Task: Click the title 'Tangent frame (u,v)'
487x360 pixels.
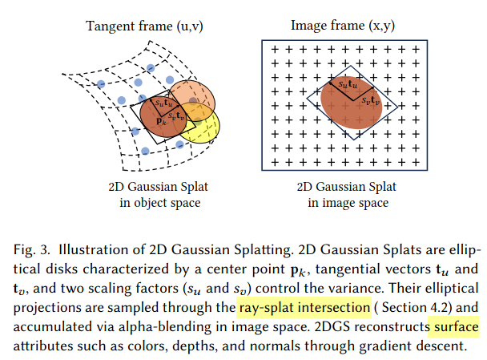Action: pyautogui.click(x=144, y=26)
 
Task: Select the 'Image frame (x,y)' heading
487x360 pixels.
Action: pyautogui.click(x=343, y=26)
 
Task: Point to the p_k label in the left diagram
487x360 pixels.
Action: pyautogui.click(x=161, y=120)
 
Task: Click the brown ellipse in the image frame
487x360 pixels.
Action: pyautogui.click(x=352, y=103)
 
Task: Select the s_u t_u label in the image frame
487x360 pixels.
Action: pyautogui.click(x=348, y=84)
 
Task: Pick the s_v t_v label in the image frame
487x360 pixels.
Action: pyautogui.click(x=371, y=100)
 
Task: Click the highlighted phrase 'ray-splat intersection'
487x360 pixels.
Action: pyautogui.click(x=304, y=307)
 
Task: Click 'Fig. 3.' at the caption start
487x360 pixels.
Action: pyautogui.click(x=32, y=250)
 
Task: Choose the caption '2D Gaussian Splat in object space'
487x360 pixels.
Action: pyautogui.click(x=159, y=195)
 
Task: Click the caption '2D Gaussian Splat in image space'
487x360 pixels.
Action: pyautogui.click(x=347, y=195)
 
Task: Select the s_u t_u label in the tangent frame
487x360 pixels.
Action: pyautogui.click(x=163, y=103)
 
